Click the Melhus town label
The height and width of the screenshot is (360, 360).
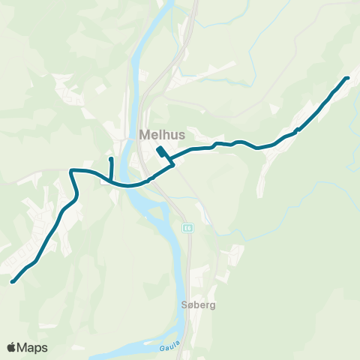[x=159, y=135]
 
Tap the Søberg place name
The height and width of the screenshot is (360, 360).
[x=199, y=306]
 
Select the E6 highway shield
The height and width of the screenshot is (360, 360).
[x=187, y=228]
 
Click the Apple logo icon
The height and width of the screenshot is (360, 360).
[x=11, y=347]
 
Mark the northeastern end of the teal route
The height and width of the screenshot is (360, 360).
[x=347, y=78]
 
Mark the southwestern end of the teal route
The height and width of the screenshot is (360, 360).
[x=13, y=282]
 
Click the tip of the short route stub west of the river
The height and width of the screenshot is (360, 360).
[x=111, y=159]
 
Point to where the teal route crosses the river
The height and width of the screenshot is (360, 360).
[x=133, y=184]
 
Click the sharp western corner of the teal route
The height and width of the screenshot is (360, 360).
[x=70, y=172]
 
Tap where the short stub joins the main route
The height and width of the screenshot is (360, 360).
[x=111, y=181]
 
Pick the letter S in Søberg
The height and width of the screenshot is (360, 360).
[x=184, y=306]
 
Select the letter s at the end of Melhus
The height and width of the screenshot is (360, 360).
[x=175, y=135]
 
